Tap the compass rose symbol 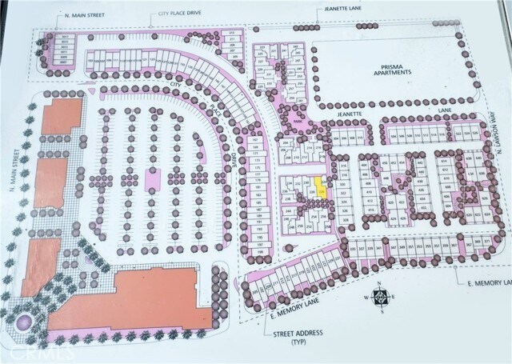(x=382, y=295)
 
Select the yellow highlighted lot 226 (x=321, y=190)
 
